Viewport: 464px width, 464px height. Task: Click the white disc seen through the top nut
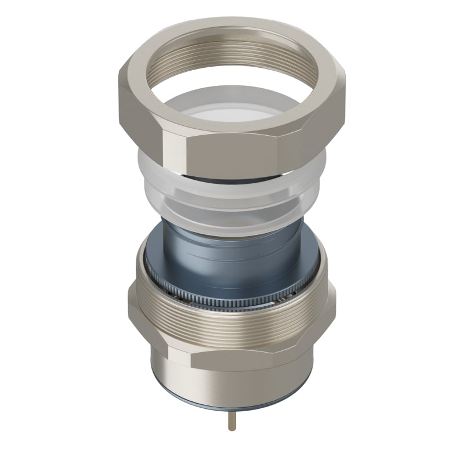232,110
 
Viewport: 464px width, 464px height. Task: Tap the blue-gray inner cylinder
232,255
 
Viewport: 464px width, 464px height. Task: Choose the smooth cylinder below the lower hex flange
232,383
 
